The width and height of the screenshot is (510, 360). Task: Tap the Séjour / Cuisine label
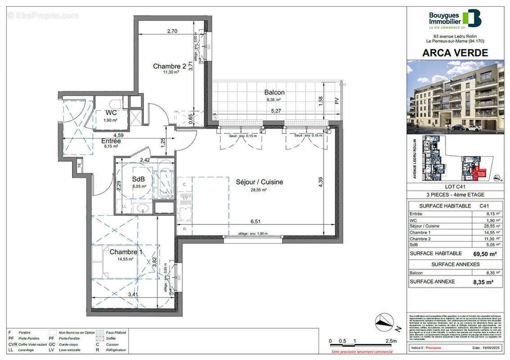click(x=259, y=182)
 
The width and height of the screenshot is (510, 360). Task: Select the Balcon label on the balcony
click(x=274, y=93)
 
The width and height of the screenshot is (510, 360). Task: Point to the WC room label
click(x=111, y=112)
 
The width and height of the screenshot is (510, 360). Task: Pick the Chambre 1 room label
click(x=126, y=252)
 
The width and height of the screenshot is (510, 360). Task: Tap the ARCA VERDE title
click(x=455, y=53)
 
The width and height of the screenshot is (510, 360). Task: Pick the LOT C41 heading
click(x=455, y=186)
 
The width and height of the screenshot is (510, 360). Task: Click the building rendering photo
click(x=455, y=97)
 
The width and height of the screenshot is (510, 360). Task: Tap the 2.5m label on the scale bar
click(x=391, y=341)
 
